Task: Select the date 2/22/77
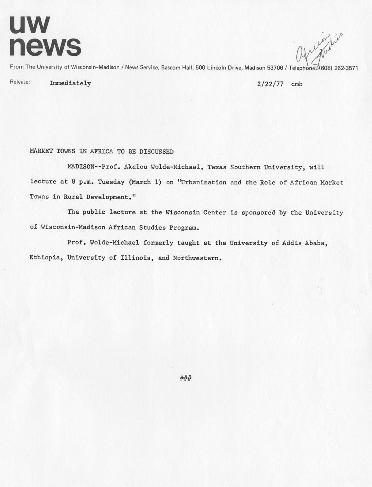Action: tap(270, 84)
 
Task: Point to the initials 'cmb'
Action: tap(297, 84)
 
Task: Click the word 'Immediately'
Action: tap(70, 83)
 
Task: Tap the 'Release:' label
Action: tap(20, 82)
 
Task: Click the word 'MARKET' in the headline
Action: tap(41, 152)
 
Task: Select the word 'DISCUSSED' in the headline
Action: tap(156, 152)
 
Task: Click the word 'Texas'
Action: tap(217, 167)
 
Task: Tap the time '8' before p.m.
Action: tap(73, 182)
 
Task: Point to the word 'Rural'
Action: tap(73, 197)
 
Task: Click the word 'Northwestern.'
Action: tap(197, 258)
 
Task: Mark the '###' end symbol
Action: tap(186, 379)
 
